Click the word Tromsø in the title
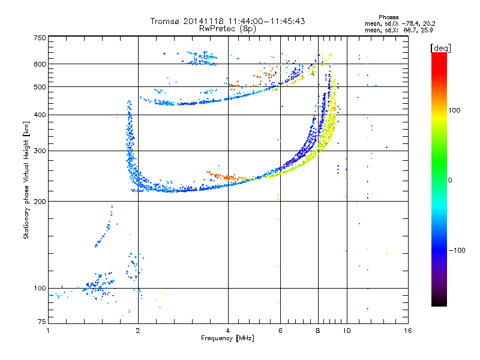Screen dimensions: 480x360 pyautogui.click(x=166, y=21)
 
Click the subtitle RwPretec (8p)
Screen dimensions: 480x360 pyautogui.click(x=227, y=29)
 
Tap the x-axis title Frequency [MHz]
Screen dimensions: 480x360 pyautogui.click(x=227, y=338)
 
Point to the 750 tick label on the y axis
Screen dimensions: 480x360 pyautogui.click(x=40, y=38)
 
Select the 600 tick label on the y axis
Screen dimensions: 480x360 pyautogui.click(x=40, y=64)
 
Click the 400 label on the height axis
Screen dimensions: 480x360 pyautogui.click(x=40, y=115)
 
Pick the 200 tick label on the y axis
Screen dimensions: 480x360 pyautogui.click(x=40, y=202)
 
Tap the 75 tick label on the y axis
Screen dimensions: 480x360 pyautogui.click(x=42, y=322)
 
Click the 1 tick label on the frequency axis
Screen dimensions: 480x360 pyautogui.click(x=48, y=331)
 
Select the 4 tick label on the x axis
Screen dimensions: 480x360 pyautogui.click(x=228, y=331)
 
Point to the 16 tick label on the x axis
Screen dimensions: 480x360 pyautogui.click(x=408, y=331)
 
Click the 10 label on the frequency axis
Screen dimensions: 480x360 pyautogui.click(x=347, y=331)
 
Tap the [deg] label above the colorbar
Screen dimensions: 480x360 pyautogui.click(x=440, y=48)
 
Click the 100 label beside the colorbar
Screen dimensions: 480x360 pyautogui.click(x=454, y=110)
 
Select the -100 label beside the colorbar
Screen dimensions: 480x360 pyautogui.click(x=457, y=250)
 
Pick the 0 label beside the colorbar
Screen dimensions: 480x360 pyautogui.click(x=450, y=181)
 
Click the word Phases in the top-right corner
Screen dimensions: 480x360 pyautogui.click(x=388, y=17)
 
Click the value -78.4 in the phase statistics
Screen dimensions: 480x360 pyautogui.click(x=410, y=23)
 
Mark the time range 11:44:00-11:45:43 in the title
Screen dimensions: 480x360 pyautogui.click(x=266, y=21)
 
